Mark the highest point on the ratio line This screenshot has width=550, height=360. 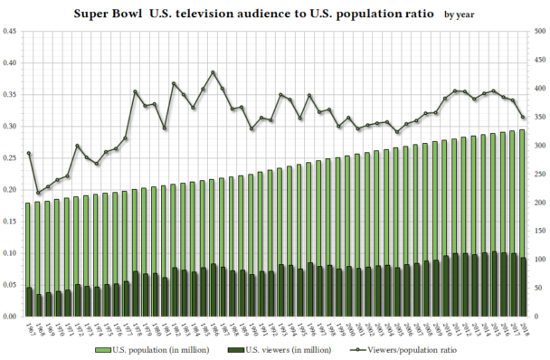[213, 72]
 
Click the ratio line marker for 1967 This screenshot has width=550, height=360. [29, 153]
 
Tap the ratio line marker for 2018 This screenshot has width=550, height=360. [523, 118]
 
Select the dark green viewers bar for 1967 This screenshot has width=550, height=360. [29, 302]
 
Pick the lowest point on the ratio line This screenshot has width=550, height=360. [39, 193]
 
